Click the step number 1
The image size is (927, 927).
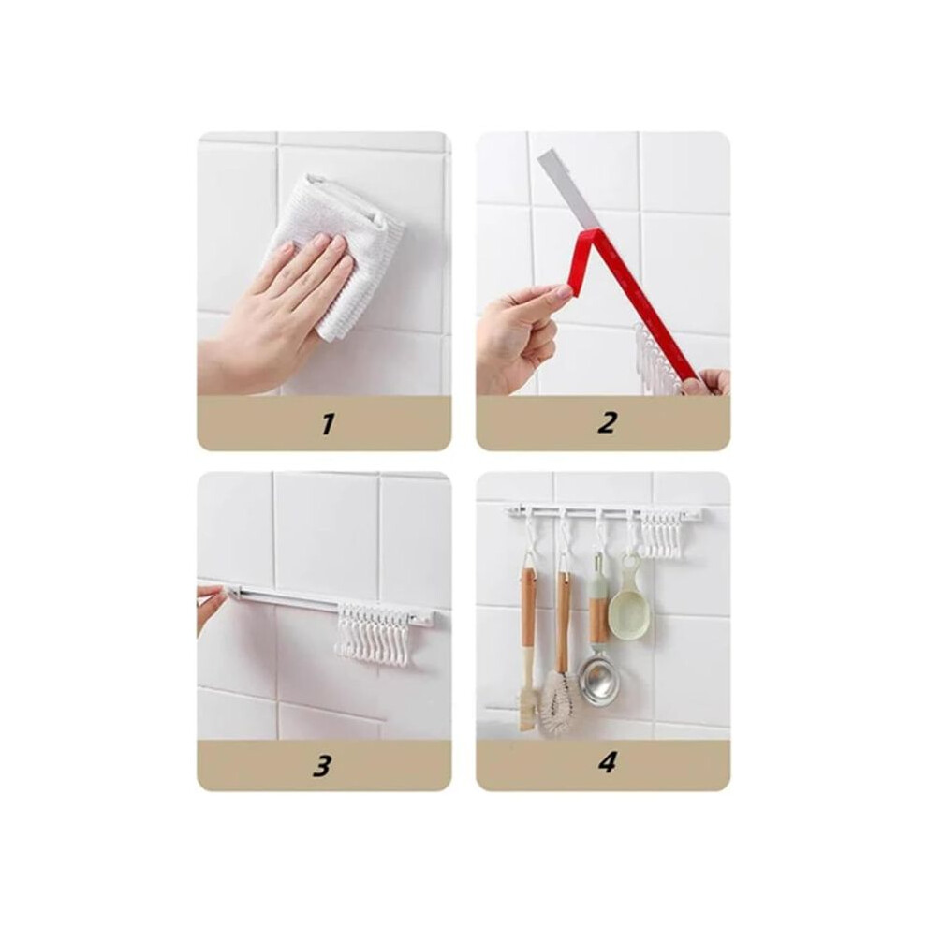[x=328, y=423]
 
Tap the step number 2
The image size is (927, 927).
[x=607, y=423]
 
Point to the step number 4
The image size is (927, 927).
[x=607, y=762]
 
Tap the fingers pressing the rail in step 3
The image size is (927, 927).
[x=212, y=603]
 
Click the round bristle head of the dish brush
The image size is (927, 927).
[x=559, y=703]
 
